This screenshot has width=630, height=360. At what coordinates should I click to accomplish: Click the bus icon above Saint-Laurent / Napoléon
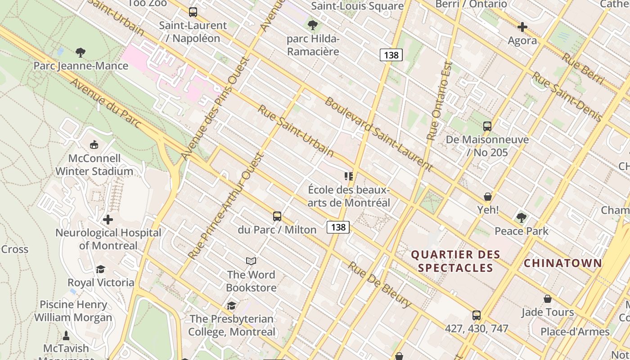point(193,12)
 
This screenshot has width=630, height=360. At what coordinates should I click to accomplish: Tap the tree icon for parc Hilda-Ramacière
point(312,25)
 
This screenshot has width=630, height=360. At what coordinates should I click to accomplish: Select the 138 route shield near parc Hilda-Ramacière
point(391,55)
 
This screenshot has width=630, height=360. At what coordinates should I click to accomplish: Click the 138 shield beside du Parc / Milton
point(338,227)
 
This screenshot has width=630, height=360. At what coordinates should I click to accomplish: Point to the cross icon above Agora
point(522,27)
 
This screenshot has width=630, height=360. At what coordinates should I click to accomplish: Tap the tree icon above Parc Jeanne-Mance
point(81,53)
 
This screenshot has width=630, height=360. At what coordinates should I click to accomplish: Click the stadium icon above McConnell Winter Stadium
point(94,145)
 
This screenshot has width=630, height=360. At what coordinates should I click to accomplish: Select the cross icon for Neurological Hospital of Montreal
point(108,220)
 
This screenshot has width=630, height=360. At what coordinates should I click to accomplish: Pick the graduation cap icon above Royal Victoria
point(100,269)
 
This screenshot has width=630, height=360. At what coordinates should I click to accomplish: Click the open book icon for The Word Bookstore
point(251,261)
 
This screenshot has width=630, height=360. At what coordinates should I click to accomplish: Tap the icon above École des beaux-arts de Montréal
point(349,176)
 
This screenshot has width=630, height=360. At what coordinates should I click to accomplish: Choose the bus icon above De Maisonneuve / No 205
point(487,126)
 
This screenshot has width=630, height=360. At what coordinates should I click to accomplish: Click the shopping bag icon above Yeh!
point(488,197)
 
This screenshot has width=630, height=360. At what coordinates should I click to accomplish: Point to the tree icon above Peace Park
point(521,218)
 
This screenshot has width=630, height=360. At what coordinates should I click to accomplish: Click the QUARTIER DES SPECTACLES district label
point(455,261)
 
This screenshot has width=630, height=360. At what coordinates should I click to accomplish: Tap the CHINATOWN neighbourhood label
point(563,263)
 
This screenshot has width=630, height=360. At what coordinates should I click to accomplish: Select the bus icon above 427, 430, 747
point(476,315)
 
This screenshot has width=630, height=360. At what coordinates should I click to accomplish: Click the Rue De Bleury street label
point(379,285)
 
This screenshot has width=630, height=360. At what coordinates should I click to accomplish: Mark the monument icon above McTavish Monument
point(66,335)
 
